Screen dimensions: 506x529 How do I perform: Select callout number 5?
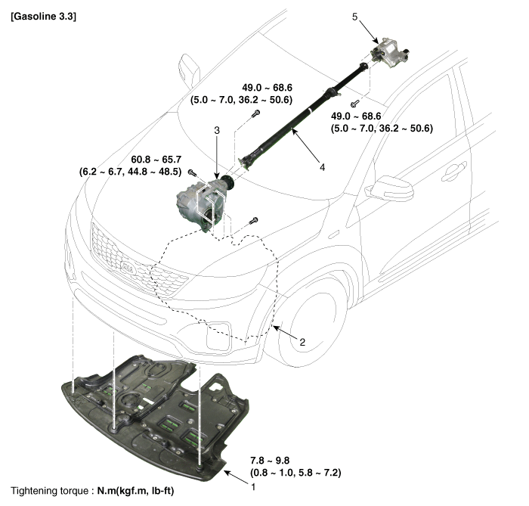[354, 16]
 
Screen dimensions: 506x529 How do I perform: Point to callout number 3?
[217, 130]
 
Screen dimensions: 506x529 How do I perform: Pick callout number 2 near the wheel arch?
[302, 343]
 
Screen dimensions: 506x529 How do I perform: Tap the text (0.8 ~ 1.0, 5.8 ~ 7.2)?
[295, 473]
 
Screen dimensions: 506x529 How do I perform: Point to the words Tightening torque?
[52, 492]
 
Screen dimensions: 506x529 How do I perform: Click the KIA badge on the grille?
[131, 267]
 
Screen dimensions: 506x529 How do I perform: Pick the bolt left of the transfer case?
[193, 173]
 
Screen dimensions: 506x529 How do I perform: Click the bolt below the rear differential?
[354, 101]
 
